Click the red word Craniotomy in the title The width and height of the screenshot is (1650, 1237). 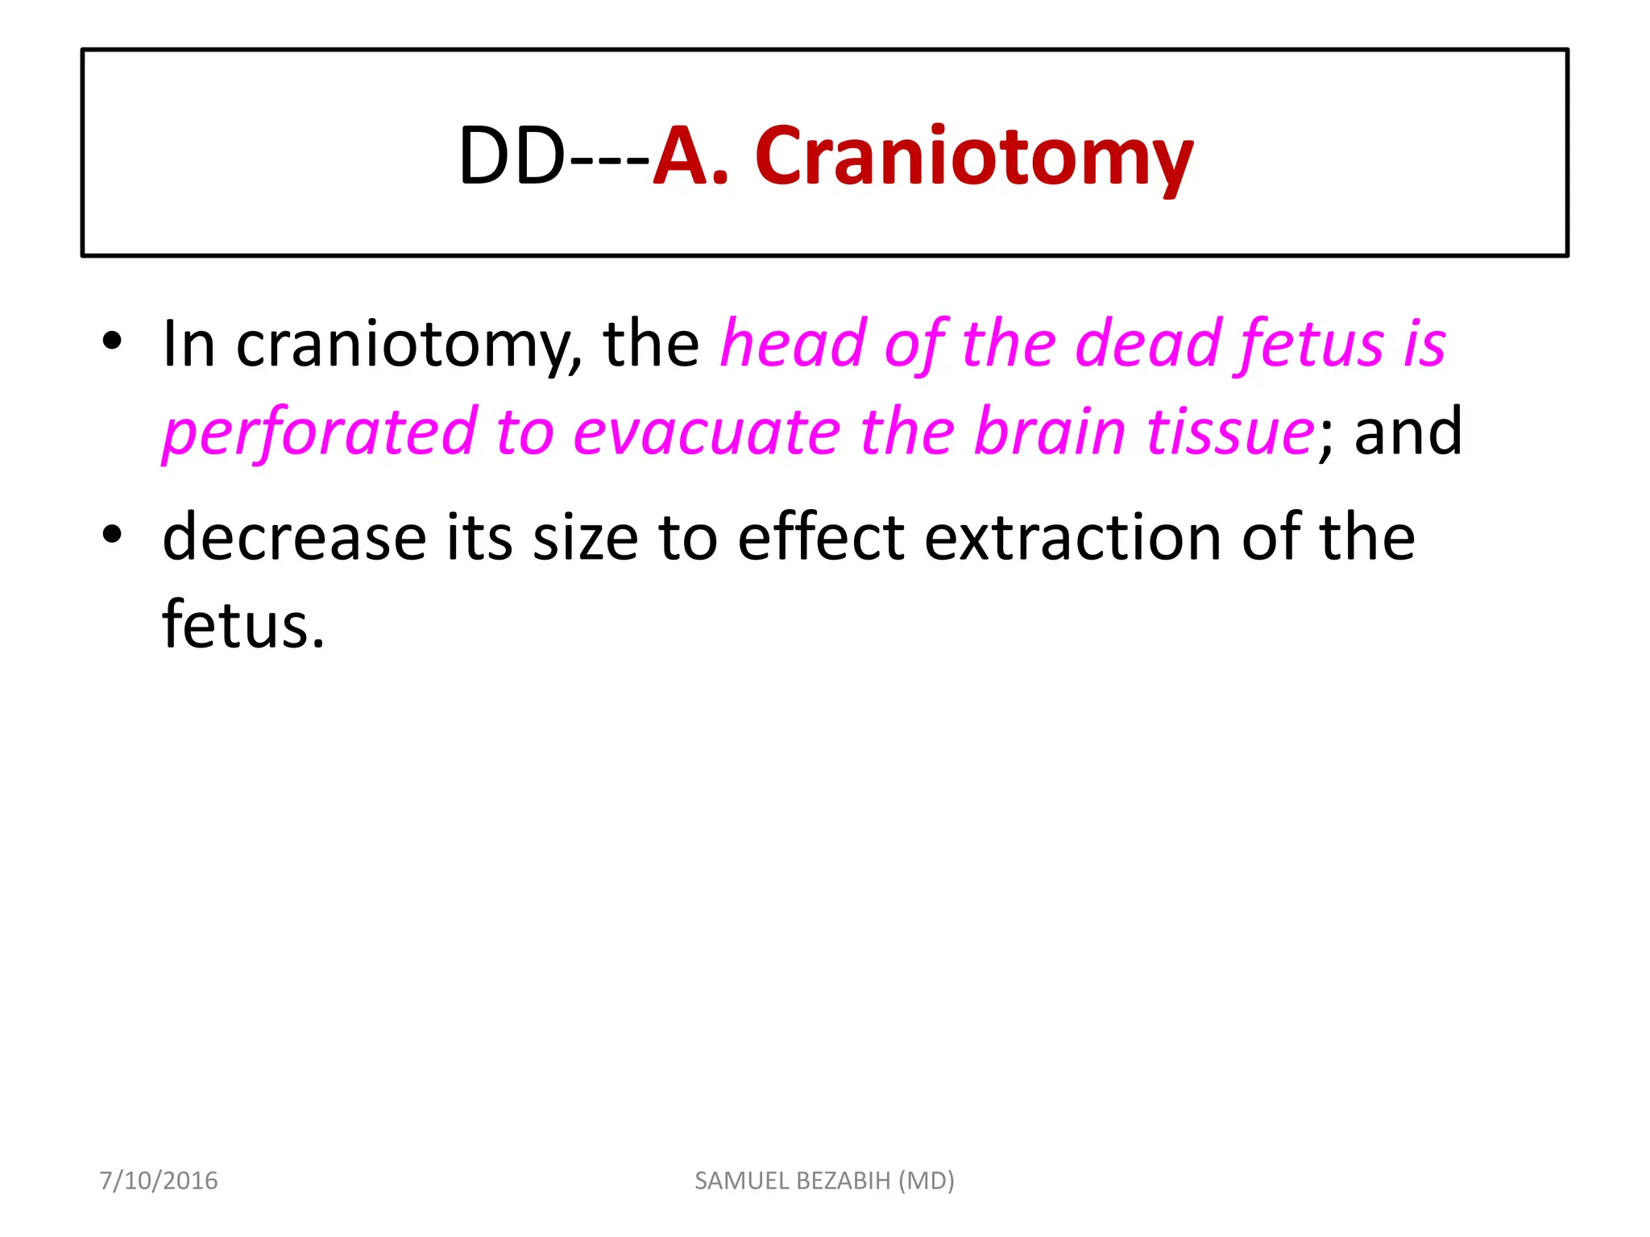click(x=973, y=157)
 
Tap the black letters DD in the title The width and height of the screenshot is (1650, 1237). click(x=512, y=157)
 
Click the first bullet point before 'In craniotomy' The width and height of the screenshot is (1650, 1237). click(x=112, y=341)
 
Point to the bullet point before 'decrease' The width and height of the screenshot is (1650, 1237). click(x=112, y=534)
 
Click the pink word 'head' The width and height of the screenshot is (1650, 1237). click(x=793, y=344)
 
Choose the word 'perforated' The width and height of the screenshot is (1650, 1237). click(x=320, y=432)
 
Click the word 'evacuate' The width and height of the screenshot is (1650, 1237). click(x=707, y=432)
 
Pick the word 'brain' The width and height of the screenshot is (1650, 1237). click(x=1050, y=432)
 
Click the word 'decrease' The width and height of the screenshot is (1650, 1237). click(x=294, y=537)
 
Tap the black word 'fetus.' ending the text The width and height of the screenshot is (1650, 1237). click(x=243, y=624)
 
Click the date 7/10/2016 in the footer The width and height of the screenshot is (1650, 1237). click(x=159, y=1181)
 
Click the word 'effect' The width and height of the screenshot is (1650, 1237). click(x=821, y=537)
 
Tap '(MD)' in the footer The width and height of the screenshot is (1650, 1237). click(x=927, y=1181)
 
